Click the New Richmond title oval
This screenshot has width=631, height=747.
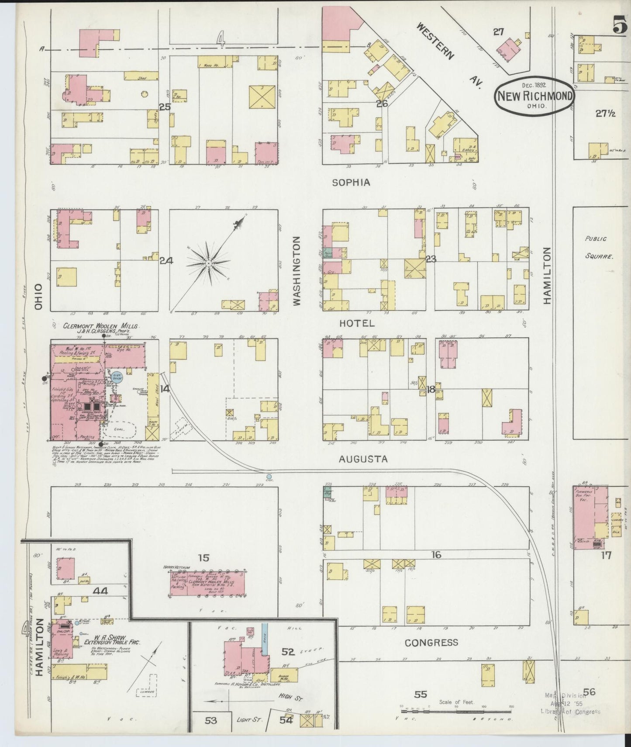pyautogui.click(x=534, y=96)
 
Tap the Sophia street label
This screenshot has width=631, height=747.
pyautogui.click(x=351, y=182)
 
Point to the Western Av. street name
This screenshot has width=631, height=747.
pyautogui.click(x=448, y=56)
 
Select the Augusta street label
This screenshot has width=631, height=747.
pyautogui.click(x=363, y=459)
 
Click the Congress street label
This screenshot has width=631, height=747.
pyautogui.click(x=431, y=642)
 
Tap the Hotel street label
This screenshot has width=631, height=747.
pyautogui.click(x=357, y=323)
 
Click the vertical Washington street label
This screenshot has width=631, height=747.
pyautogui.click(x=297, y=271)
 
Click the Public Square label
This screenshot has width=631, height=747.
pyautogui.click(x=599, y=247)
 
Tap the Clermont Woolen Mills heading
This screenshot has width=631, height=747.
pyautogui.click(x=101, y=326)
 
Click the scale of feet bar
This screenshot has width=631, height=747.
pyautogui.click(x=456, y=706)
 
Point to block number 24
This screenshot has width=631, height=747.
pyautogui.click(x=166, y=260)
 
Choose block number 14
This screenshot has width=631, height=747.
pyautogui.click(x=165, y=388)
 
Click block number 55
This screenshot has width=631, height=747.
pyautogui.click(x=421, y=694)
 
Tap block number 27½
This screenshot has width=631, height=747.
pyautogui.click(x=605, y=114)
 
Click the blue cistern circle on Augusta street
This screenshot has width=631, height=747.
pyautogui.click(x=269, y=477)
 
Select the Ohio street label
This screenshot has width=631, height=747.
pyautogui.click(x=38, y=297)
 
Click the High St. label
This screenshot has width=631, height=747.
pyautogui.click(x=291, y=698)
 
